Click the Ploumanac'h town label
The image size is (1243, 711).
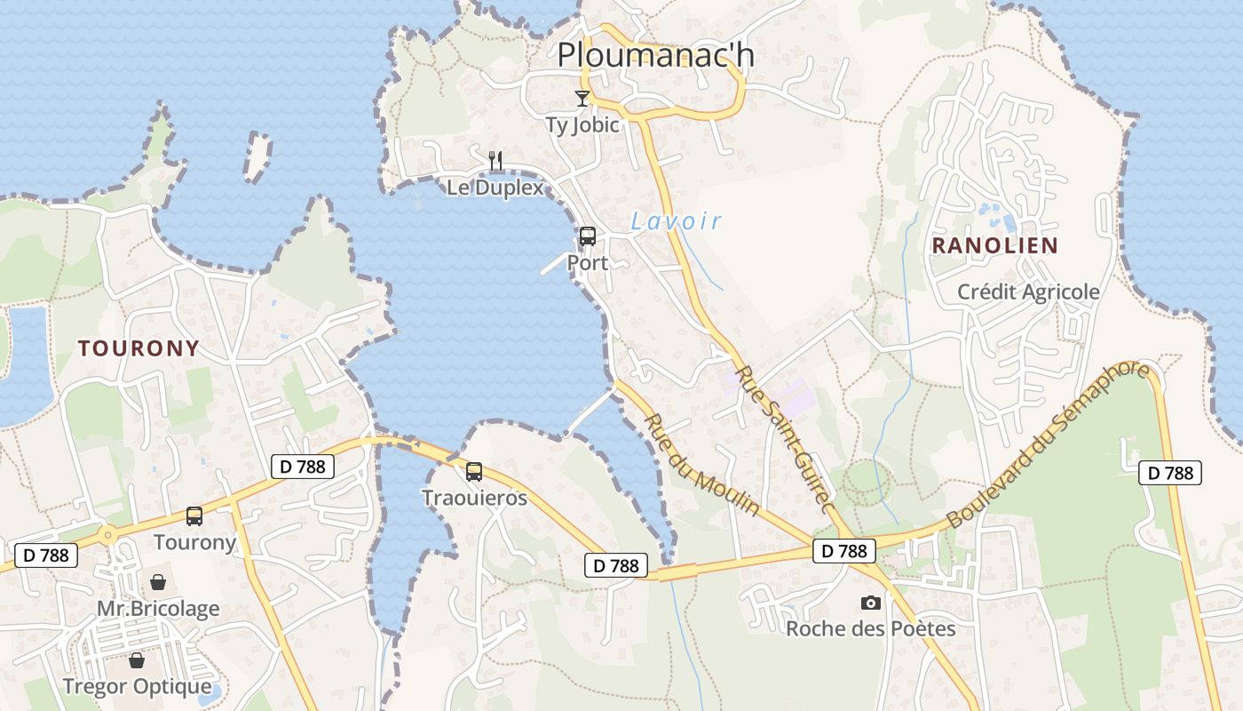click(x=655, y=55)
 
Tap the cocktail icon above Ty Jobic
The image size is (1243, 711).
click(x=582, y=98)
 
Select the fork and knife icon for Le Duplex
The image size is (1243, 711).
click(x=495, y=161)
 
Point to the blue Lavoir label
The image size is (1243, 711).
click(x=677, y=221)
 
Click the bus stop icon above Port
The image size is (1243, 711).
click(x=587, y=236)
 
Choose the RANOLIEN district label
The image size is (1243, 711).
click(x=994, y=246)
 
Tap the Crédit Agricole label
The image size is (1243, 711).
click(x=1028, y=292)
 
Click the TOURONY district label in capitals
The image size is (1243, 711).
click(x=138, y=348)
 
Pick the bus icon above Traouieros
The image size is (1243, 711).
click(x=474, y=471)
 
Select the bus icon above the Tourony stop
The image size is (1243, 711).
click(x=194, y=515)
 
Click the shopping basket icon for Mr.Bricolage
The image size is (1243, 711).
click(x=158, y=582)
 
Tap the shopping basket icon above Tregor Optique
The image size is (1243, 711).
click(x=137, y=660)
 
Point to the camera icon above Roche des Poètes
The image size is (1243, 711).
click(x=871, y=603)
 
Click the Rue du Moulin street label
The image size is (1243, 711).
click(x=701, y=464)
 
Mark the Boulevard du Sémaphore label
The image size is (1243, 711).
click(x=1048, y=446)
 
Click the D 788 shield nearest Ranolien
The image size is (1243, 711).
click(x=1170, y=473)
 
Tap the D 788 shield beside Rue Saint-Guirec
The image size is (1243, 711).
click(x=843, y=551)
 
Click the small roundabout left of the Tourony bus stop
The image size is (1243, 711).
click(x=107, y=535)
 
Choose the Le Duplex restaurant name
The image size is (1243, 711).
click(x=495, y=188)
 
